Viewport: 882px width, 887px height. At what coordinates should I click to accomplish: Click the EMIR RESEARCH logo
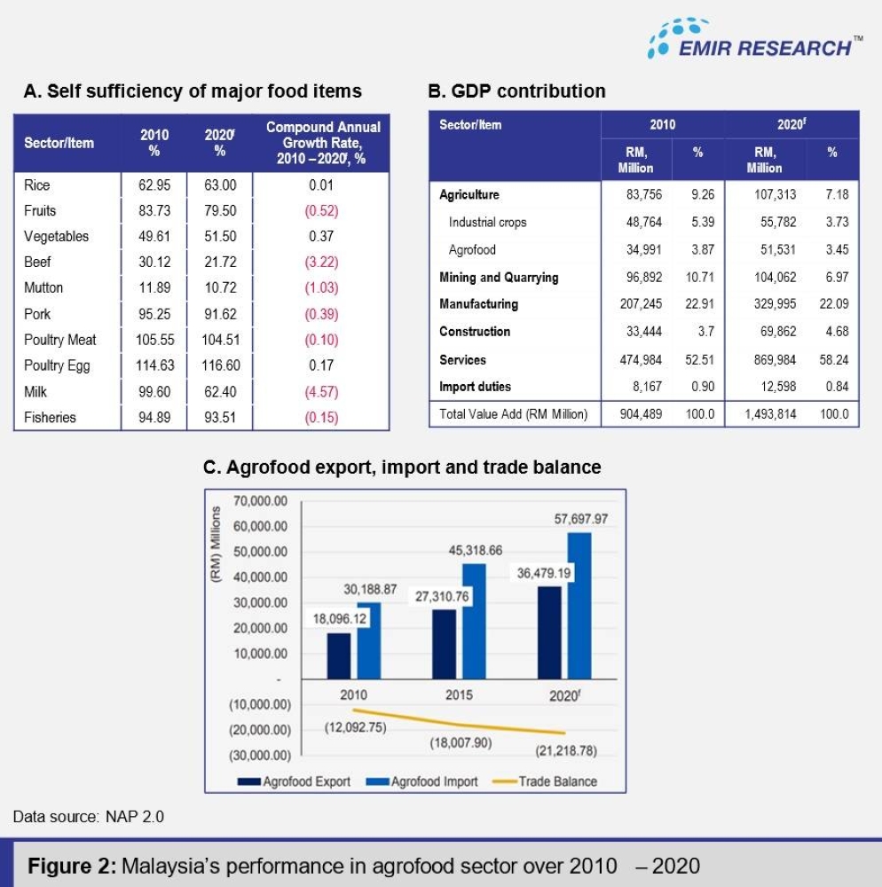coord(754,40)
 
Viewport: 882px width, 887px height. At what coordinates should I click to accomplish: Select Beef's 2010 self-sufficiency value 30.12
coord(154,263)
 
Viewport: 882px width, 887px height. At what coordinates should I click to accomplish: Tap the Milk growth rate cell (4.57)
coord(321,392)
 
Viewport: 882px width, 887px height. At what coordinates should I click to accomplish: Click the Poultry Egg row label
coord(57,365)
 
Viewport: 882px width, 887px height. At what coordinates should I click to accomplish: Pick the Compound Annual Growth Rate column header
coord(323,143)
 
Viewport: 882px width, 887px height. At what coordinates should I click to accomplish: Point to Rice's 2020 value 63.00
coord(219,185)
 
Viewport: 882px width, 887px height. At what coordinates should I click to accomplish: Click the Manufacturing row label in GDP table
coord(478,304)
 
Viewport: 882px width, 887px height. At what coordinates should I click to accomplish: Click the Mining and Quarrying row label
coord(499,278)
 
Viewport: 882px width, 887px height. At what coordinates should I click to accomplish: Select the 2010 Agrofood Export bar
coord(338,654)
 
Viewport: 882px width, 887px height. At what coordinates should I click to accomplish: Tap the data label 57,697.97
coord(580,519)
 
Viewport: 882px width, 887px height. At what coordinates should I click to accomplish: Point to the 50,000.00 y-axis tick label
coord(260,552)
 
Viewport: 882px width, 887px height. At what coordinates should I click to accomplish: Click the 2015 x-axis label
coord(459,695)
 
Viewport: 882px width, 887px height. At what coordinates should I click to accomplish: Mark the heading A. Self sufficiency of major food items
coord(193,90)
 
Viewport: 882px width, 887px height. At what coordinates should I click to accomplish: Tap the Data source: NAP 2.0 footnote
coord(89,816)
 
